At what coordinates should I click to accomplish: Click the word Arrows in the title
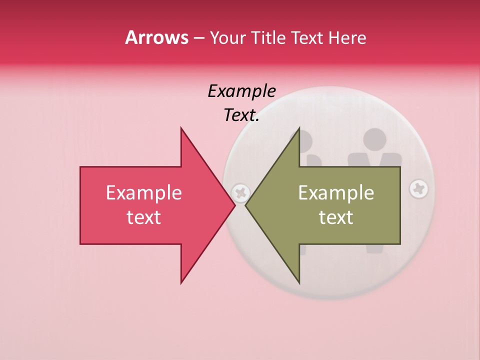click(157, 37)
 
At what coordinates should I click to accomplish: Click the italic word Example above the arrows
click(241, 91)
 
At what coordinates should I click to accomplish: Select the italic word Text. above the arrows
click(241, 115)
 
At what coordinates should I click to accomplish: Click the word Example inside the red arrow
click(144, 193)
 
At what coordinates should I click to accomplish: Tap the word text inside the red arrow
click(144, 217)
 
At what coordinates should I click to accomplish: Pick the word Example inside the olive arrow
click(336, 193)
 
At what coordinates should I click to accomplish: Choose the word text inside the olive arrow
click(336, 217)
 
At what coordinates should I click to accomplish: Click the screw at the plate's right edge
click(418, 189)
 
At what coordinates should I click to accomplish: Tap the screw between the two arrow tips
click(241, 192)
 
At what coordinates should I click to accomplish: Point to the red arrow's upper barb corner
click(181, 128)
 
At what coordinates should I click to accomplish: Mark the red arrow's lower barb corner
click(181, 283)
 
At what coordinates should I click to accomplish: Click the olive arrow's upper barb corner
click(299, 128)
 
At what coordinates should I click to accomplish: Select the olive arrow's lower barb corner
click(299, 283)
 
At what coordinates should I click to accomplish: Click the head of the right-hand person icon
click(374, 140)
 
